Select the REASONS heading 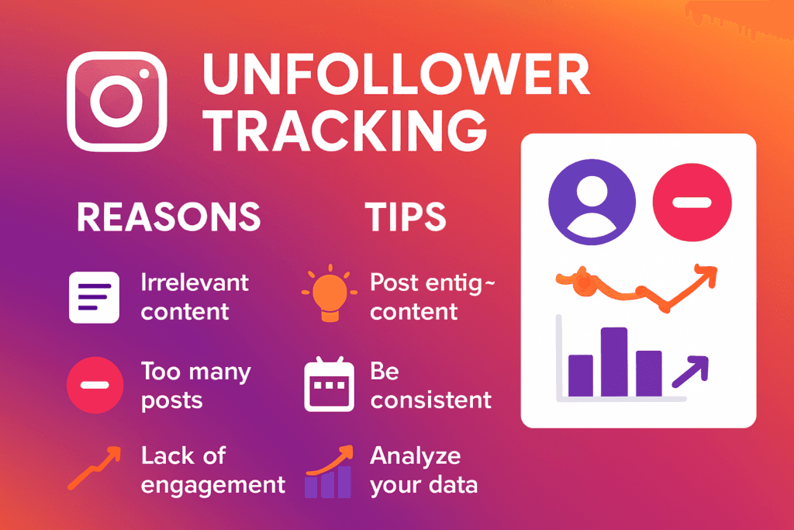pyautogui.click(x=168, y=217)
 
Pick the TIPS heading pyautogui.click(x=406, y=217)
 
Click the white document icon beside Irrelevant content pyautogui.click(x=94, y=297)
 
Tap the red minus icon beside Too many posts pyautogui.click(x=94, y=385)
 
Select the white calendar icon pyautogui.click(x=328, y=386)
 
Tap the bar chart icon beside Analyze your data pyautogui.click(x=329, y=473)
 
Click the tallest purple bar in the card pyautogui.click(x=613, y=362)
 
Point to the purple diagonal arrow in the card pyautogui.click(x=691, y=371)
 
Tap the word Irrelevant pyautogui.click(x=195, y=282)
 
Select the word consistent pyautogui.click(x=430, y=400)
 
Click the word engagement pyautogui.click(x=213, y=485)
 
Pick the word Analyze pyautogui.click(x=416, y=456)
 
